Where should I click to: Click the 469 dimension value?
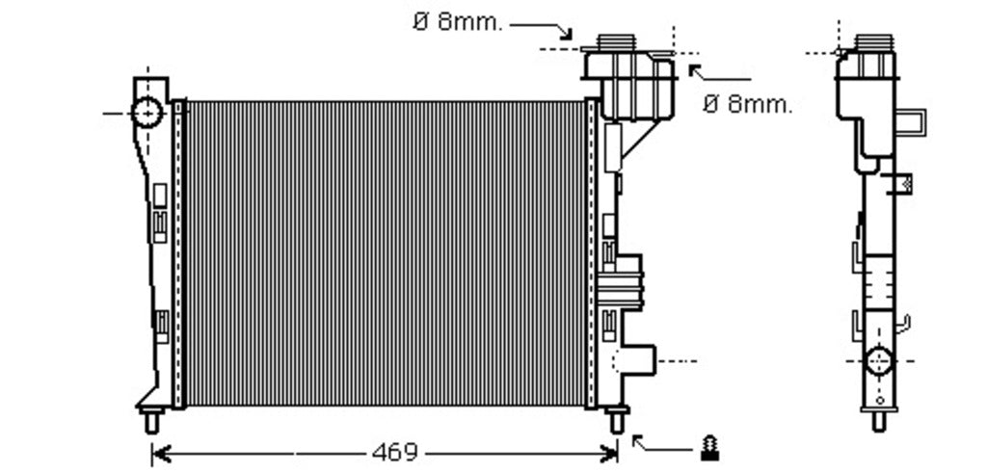395,452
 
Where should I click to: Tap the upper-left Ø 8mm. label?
458,23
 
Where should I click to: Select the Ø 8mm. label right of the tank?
748,104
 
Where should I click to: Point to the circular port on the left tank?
147,114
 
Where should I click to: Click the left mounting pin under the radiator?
151,420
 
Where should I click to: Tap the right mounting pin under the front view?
617,420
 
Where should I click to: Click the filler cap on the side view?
873,42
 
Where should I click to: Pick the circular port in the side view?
879,361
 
